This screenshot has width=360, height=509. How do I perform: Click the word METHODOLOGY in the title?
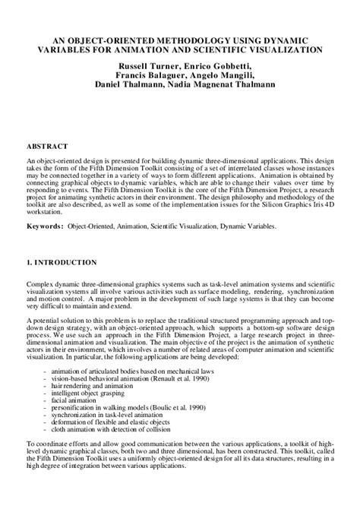(x=188, y=40)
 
